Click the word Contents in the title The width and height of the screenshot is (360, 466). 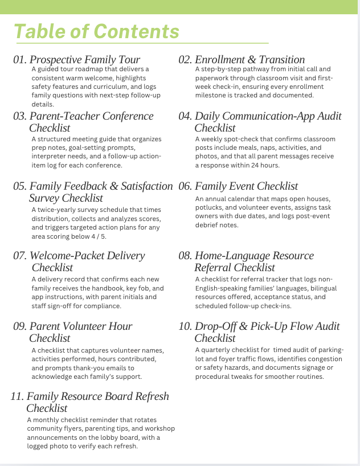point(137,31)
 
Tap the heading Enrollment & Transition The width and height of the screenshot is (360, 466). point(249,60)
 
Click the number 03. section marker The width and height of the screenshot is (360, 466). point(20,116)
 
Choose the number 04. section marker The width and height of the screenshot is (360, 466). point(185,116)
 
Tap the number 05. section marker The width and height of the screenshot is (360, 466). point(20,186)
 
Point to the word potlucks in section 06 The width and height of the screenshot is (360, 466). point(211,208)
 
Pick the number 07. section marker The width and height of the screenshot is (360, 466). point(20,256)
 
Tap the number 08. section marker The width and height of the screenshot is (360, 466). point(185,256)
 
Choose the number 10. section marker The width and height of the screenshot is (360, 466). point(185,326)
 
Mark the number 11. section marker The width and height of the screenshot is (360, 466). point(17,396)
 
